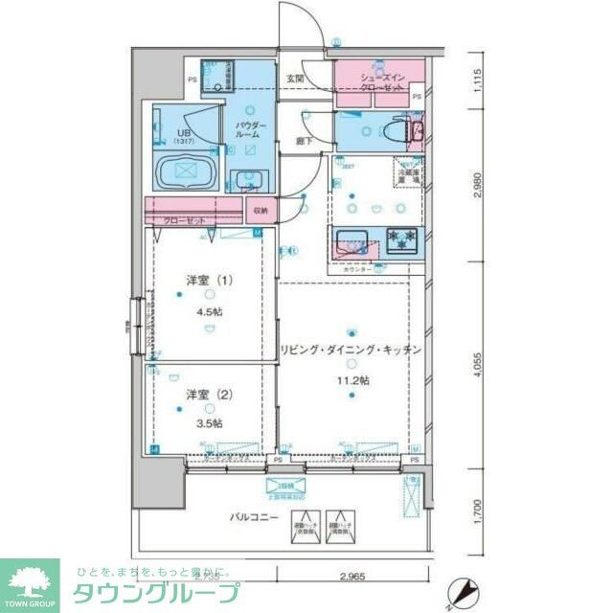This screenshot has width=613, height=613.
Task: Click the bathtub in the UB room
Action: click(187, 175)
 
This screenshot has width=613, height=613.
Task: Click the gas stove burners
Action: click(400, 238)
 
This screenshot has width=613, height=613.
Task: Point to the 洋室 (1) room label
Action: click(208, 281)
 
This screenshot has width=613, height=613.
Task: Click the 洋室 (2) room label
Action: click(208, 394)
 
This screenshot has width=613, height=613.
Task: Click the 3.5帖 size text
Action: click(208, 422)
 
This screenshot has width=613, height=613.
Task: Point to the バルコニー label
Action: click(254, 517)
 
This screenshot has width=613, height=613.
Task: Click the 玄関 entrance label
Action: click(295, 79)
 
